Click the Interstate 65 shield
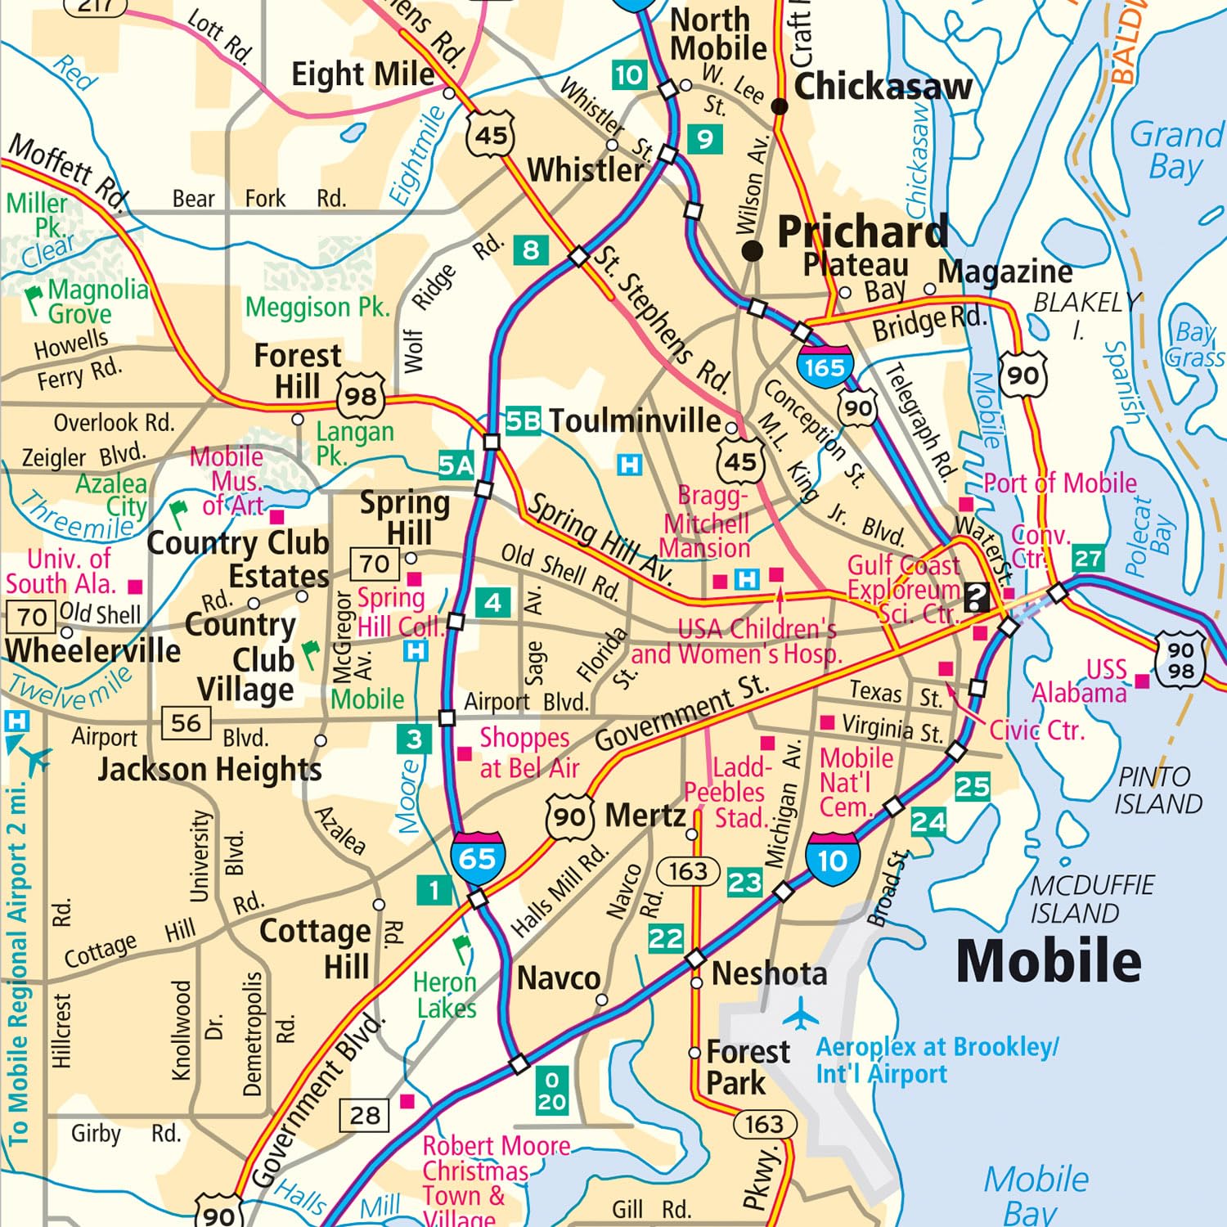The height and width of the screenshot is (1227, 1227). (477, 859)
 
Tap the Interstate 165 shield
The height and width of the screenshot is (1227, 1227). (825, 367)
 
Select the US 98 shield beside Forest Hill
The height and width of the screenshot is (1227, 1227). (360, 397)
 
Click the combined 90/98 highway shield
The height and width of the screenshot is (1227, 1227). (1180, 660)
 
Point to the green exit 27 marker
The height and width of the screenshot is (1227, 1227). (1087, 559)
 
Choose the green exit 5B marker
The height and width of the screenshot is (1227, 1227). (523, 420)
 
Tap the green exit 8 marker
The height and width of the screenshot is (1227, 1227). (531, 249)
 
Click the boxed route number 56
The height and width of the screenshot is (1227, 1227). (186, 722)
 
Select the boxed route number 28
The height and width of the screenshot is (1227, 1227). (365, 1115)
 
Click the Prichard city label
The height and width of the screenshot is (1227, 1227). (862, 232)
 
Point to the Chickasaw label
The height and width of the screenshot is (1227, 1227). (883, 86)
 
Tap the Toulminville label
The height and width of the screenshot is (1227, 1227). (635, 420)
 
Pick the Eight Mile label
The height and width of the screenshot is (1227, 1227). (362, 74)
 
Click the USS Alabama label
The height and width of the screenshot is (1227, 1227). (1080, 681)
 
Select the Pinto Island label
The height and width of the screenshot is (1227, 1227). (1157, 790)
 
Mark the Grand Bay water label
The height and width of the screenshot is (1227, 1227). (1175, 151)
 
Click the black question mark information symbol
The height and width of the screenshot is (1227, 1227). (976, 597)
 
